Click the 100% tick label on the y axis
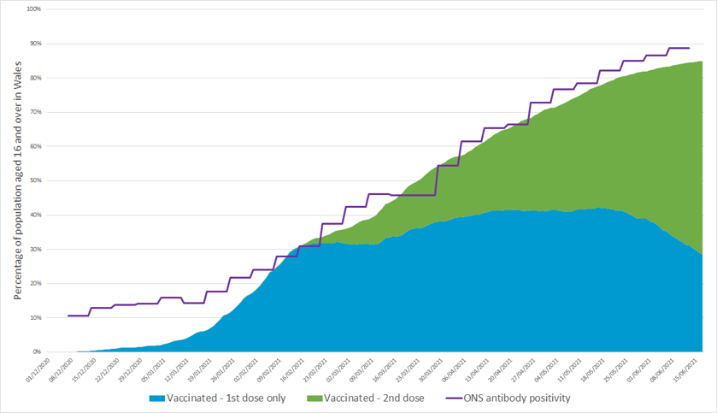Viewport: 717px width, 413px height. coord(33,9)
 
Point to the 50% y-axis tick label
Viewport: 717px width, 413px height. coord(35,180)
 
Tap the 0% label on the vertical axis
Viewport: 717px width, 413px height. coord(37,351)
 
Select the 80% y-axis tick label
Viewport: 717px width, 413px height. coord(35,78)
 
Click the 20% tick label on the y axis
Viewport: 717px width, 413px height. coord(35,283)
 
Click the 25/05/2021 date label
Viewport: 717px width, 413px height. coord(620,370)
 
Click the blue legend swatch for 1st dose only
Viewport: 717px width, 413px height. coord(157,398)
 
